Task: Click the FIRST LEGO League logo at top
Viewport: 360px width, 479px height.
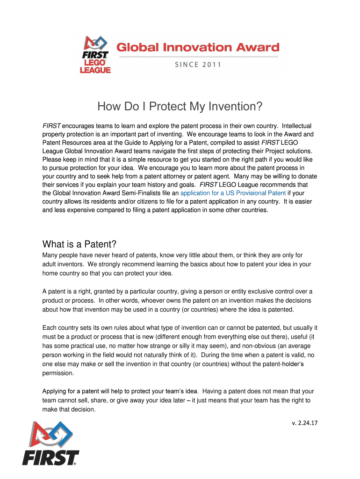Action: pyautogui.click(x=97, y=55)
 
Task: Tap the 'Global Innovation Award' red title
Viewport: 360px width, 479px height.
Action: pyautogui.click(x=197, y=48)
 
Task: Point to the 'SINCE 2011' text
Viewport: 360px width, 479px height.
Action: pyautogui.click(x=198, y=65)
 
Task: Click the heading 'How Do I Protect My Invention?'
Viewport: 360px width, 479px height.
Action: pyautogui.click(x=180, y=107)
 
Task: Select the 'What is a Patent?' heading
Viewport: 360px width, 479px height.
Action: pyautogui.click(x=79, y=244)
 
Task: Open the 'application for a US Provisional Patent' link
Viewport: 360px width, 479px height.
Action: pyautogui.click(x=233, y=193)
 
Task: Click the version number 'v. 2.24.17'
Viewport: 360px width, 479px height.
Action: pyautogui.click(x=304, y=423)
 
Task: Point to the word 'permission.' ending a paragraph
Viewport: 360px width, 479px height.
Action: pyautogui.click(x=58, y=374)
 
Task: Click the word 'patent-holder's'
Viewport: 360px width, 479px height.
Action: pyautogui.click(x=290, y=364)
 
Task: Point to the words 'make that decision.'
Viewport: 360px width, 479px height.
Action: pyautogui.click(x=69, y=409)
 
